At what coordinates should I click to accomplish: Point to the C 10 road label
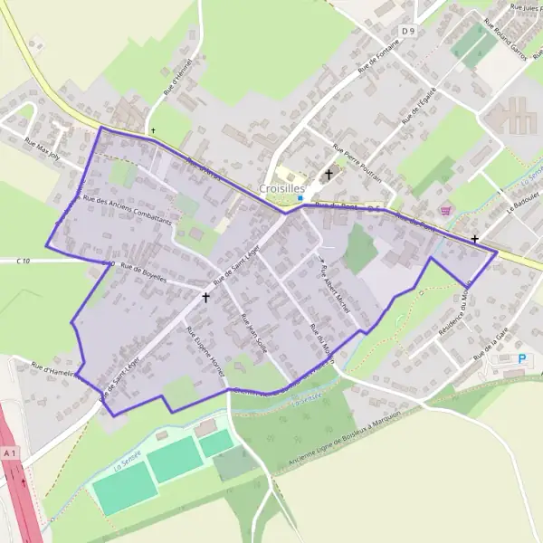pyautogui.click(x=24, y=262)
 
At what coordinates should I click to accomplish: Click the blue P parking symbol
pyautogui.click(x=521, y=358)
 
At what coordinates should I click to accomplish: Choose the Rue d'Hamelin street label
pyautogui.click(x=51, y=368)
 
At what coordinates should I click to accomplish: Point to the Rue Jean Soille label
pyautogui.click(x=254, y=332)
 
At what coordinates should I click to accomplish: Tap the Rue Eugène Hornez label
pyautogui.click(x=205, y=348)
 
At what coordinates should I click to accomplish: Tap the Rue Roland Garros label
pyautogui.click(x=508, y=37)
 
